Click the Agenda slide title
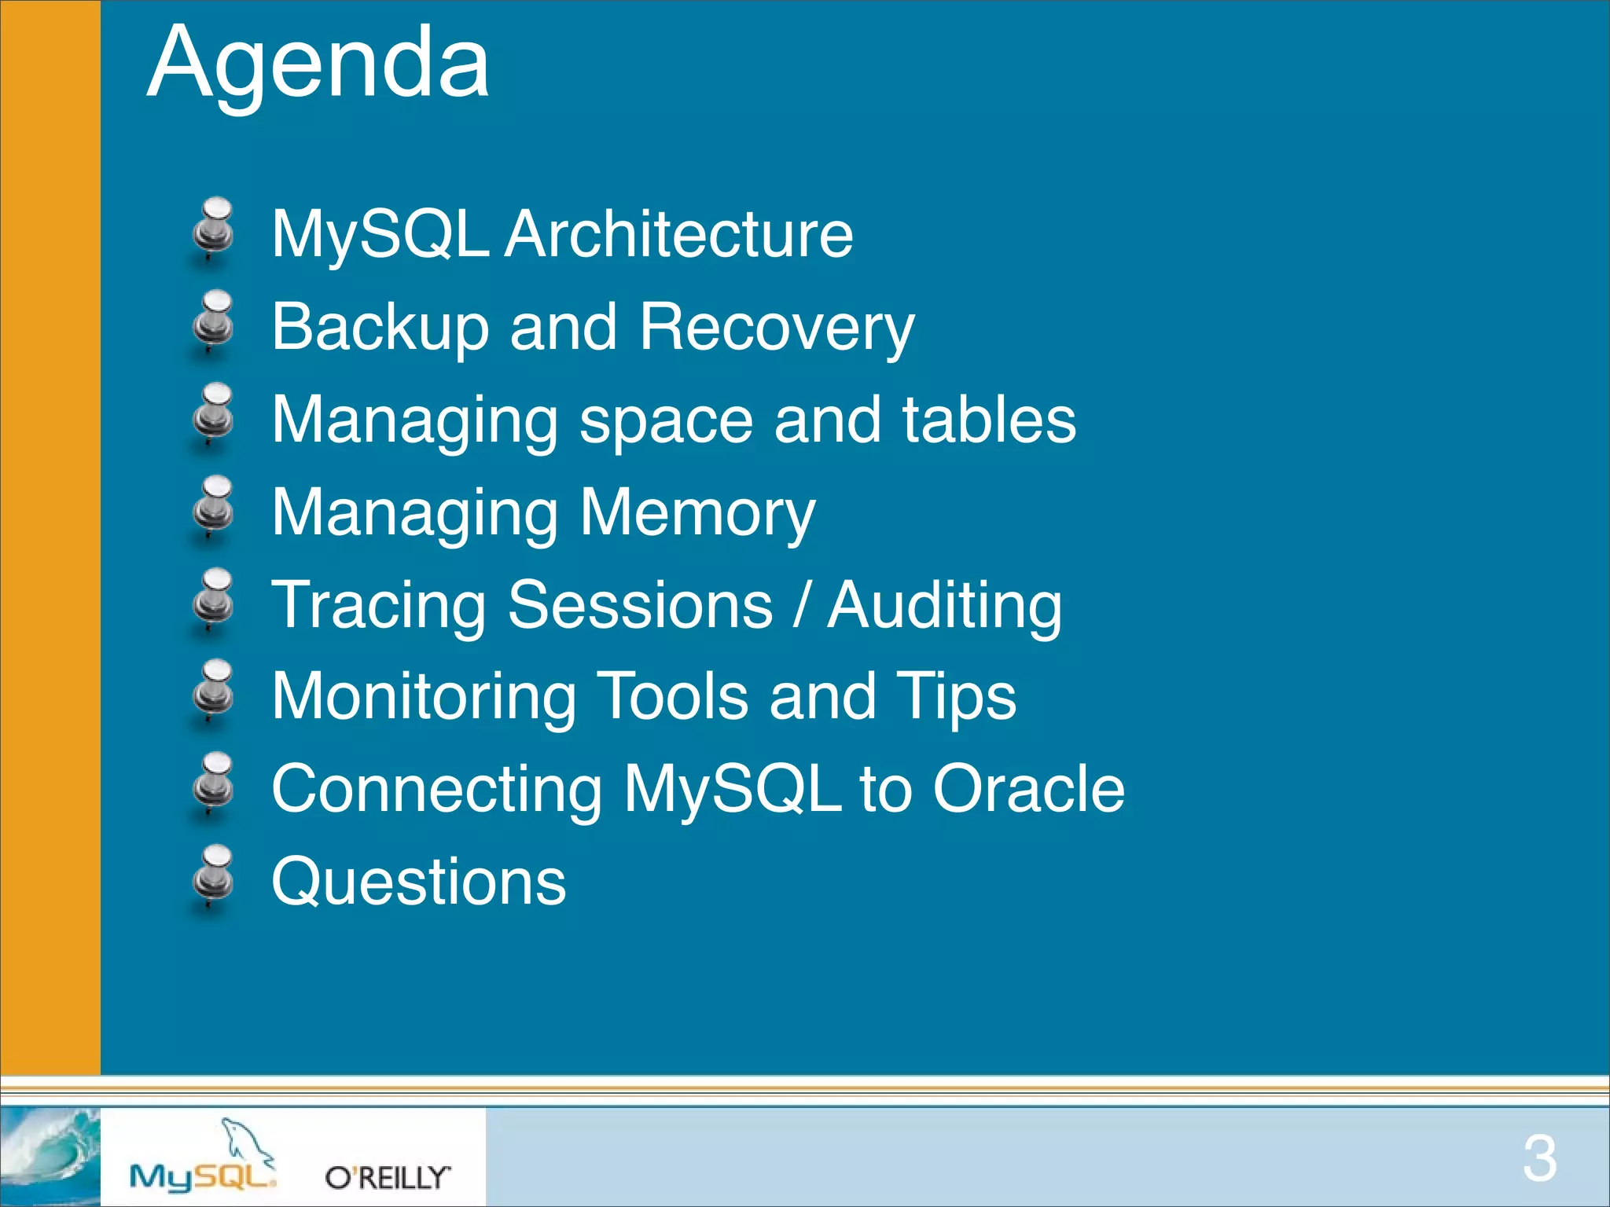[318, 63]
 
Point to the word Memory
[697, 512]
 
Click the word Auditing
[944, 604]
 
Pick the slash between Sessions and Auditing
[799, 604]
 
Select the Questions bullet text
[418, 882]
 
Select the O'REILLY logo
[388, 1177]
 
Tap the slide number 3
[1538, 1158]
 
